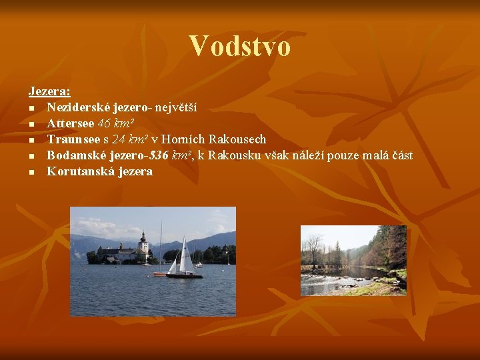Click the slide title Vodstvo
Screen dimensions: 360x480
click(x=239, y=47)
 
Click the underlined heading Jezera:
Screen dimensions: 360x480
click(x=49, y=91)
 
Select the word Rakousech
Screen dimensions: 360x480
click(x=237, y=139)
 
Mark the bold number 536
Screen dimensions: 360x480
click(x=159, y=155)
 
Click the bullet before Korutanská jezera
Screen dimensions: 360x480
click(x=31, y=172)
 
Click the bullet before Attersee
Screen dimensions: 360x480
click(x=31, y=124)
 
